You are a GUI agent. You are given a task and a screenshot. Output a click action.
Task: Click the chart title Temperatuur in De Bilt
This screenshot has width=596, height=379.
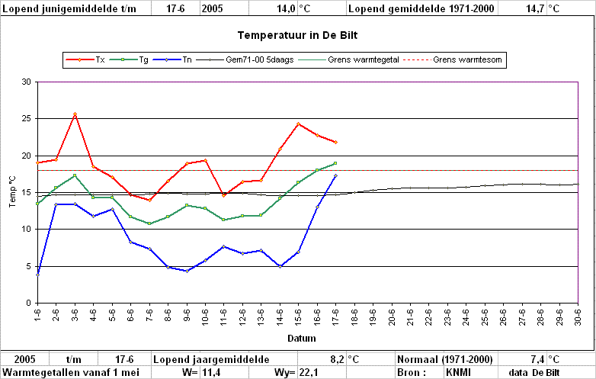click(x=298, y=35)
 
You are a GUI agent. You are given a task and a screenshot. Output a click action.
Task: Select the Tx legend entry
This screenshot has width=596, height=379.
click(x=85, y=59)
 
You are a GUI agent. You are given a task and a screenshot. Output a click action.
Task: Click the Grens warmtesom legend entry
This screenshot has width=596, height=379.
click(x=452, y=59)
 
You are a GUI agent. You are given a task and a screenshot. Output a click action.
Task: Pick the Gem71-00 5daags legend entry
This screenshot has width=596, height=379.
click(x=245, y=59)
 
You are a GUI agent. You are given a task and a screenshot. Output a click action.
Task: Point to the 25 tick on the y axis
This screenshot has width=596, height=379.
click(x=26, y=119)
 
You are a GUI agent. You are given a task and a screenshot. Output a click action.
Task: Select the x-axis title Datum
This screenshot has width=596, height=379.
click(x=301, y=339)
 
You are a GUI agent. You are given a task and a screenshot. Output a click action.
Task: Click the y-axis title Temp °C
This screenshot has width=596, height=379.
click(x=12, y=191)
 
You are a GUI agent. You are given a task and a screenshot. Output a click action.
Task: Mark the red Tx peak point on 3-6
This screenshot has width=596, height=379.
click(x=75, y=114)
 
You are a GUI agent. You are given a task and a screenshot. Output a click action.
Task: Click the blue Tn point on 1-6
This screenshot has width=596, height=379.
click(x=37, y=275)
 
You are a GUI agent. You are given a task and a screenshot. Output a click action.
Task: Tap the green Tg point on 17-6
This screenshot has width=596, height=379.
click(x=335, y=163)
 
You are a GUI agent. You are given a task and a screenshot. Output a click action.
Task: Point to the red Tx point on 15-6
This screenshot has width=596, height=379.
click(x=298, y=124)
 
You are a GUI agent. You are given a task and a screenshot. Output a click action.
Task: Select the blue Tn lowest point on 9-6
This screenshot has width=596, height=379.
click(x=187, y=271)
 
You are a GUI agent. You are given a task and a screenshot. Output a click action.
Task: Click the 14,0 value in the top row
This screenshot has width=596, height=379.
click(x=287, y=8)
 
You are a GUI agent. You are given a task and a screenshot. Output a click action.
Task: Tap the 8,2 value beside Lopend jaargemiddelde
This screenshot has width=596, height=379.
click(x=338, y=359)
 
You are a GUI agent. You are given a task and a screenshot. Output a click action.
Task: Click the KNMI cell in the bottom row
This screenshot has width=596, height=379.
click(x=458, y=372)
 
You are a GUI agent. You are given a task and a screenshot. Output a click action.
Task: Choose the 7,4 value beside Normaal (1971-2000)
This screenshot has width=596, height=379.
click(x=538, y=359)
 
